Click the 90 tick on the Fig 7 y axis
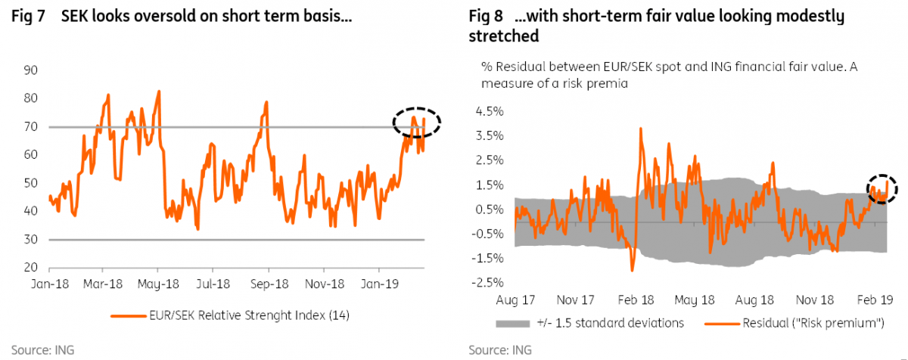coord(32,70)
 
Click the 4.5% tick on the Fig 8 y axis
coord(489,111)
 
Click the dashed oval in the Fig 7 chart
coord(416,121)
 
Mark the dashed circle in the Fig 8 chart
coord(882,188)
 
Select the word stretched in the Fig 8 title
coord(503,35)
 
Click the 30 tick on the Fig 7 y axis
coord(32,240)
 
